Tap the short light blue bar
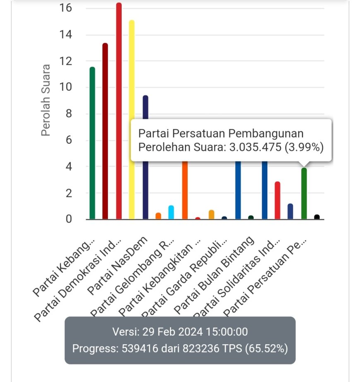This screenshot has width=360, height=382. click(171, 212)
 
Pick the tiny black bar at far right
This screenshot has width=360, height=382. click(317, 217)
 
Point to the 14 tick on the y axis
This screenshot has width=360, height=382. click(66, 35)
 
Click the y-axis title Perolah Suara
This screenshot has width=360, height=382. click(46, 100)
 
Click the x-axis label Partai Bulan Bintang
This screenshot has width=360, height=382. click(214, 276)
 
